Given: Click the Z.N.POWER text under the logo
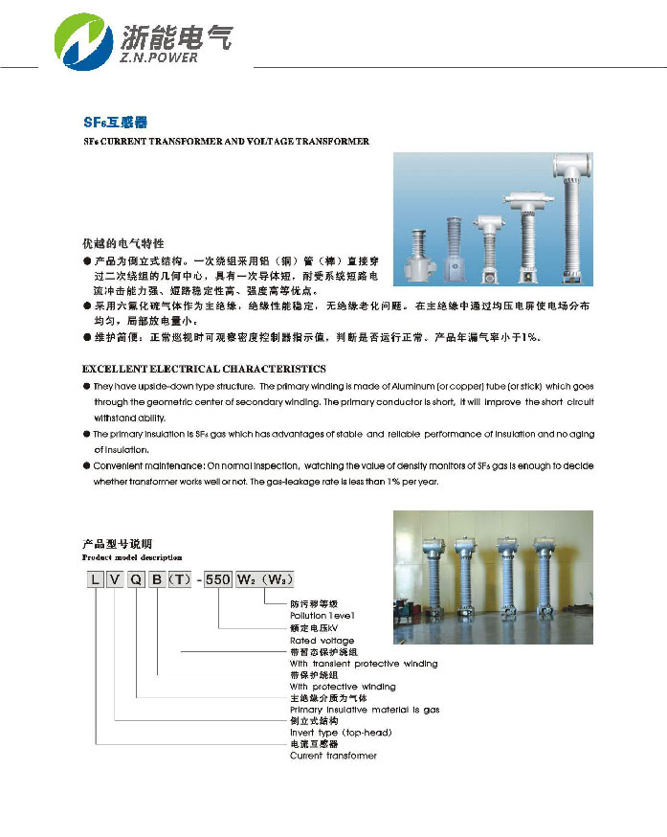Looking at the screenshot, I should click(160, 57).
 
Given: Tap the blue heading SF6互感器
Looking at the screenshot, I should click(115, 123).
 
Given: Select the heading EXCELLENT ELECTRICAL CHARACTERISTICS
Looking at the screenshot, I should click(204, 369).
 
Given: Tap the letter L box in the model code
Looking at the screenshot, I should click(96, 578).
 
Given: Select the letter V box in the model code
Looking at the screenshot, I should click(115, 578).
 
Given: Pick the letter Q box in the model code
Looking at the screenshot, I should click(137, 578).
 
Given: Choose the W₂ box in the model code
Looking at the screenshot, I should click(245, 578).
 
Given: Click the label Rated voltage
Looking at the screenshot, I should click(322, 641).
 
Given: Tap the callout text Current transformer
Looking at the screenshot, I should click(333, 756).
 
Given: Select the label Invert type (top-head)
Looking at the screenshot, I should click(341, 733).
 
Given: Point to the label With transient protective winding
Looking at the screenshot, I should click(364, 664).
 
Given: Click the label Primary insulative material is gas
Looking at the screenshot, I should click(365, 710).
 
